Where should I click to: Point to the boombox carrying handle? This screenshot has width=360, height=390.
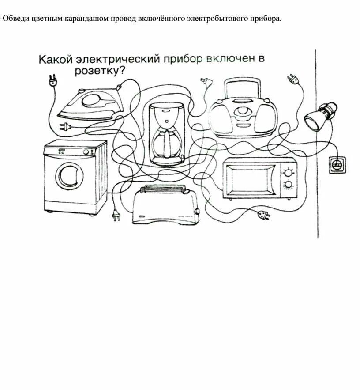tap(243, 84)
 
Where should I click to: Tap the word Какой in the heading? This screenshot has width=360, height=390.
tap(55, 60)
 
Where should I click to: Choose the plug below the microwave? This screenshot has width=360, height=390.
tap(263, 215)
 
